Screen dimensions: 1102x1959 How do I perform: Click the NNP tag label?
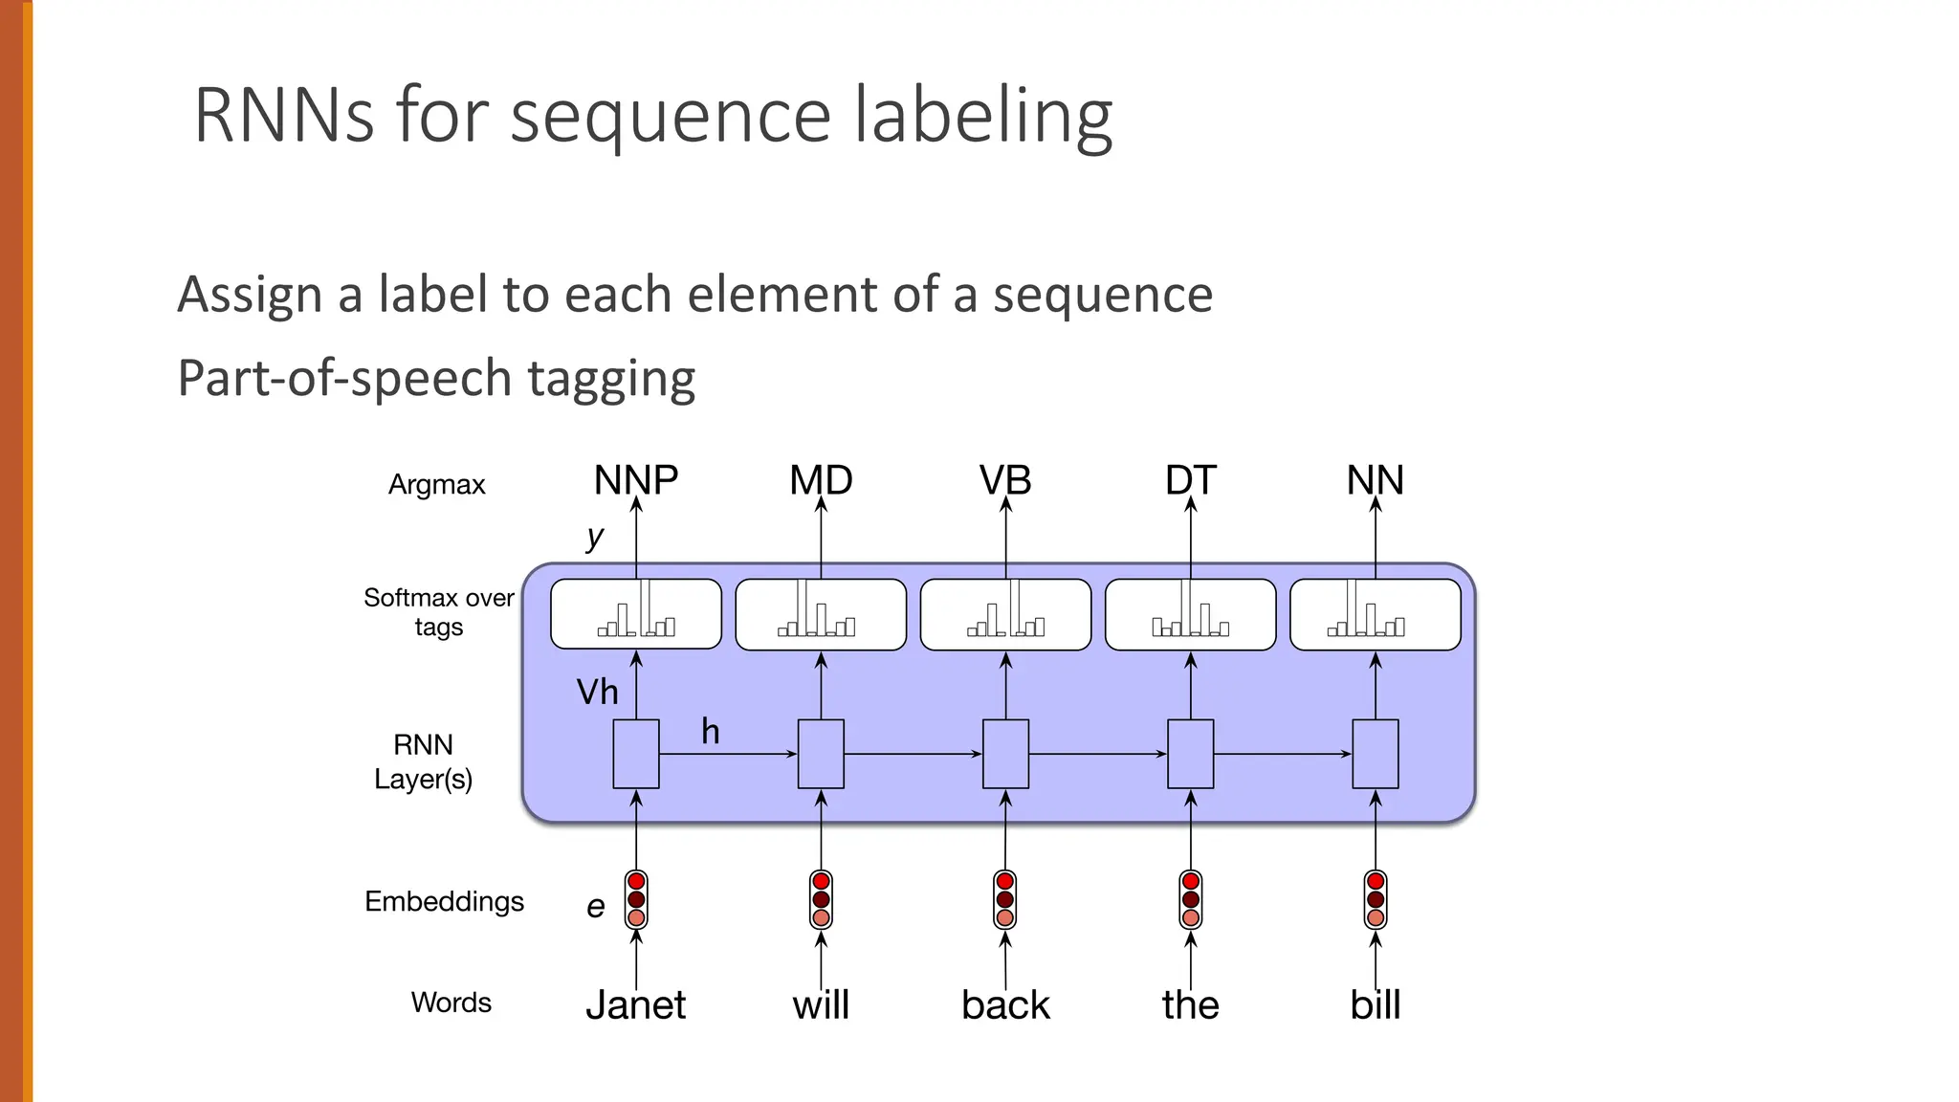point(635,480)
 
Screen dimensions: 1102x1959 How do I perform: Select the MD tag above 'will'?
point(821,480)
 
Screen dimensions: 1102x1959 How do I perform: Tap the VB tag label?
point(1005,480)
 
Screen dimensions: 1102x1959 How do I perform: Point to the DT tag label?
point(1190,480)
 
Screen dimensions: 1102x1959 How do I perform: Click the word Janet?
point(635,1005)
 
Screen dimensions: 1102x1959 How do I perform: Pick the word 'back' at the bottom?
point(1005,1005)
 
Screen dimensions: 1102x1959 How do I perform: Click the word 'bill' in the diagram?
point(1375,1005)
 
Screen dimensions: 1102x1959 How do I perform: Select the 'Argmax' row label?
point(436,485)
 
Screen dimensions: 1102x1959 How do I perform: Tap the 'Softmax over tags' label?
point(439,612)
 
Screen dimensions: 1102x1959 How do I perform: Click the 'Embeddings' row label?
point(444,901)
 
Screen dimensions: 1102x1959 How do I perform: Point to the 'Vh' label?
point(597,692)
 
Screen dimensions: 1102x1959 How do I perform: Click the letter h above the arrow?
point(710,732)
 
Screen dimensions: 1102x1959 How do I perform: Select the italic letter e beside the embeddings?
point(595,906)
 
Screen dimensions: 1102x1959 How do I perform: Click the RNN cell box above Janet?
point(636,754)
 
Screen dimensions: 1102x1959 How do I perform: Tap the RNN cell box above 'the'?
point(1190,754)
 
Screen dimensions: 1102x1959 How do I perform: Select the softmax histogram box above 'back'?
point(1005,614)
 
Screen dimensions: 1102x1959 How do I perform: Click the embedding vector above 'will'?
point(821,899)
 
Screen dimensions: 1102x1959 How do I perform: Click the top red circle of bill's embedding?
point(1376,881)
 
